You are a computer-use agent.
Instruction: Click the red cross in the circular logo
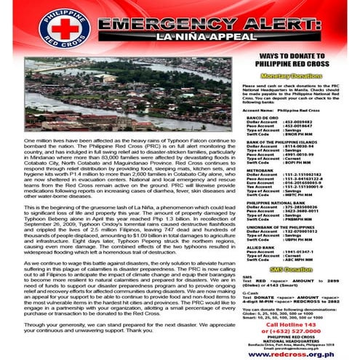pos(28,28)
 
